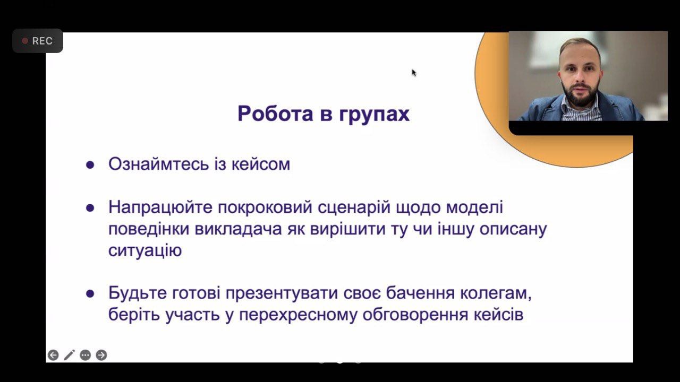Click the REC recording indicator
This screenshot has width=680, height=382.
(38, 41)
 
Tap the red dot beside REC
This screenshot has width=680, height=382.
(25, 41)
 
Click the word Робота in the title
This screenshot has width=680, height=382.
(275, 114)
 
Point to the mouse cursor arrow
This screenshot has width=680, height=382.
(414, 73)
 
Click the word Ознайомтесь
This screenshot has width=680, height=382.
(159, 164)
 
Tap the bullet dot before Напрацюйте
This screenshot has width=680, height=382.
(90, 207)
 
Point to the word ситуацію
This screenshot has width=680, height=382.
(145, 251)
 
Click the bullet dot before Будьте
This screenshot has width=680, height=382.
(90, 293)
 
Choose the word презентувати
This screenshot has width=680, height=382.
(282, 293)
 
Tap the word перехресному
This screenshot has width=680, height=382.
(298, 315)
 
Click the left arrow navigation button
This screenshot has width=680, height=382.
(53, 355)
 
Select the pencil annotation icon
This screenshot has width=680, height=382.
(69, 355)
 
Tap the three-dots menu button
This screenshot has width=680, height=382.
(86, 355)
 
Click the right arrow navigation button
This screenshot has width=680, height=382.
(101, 355)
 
